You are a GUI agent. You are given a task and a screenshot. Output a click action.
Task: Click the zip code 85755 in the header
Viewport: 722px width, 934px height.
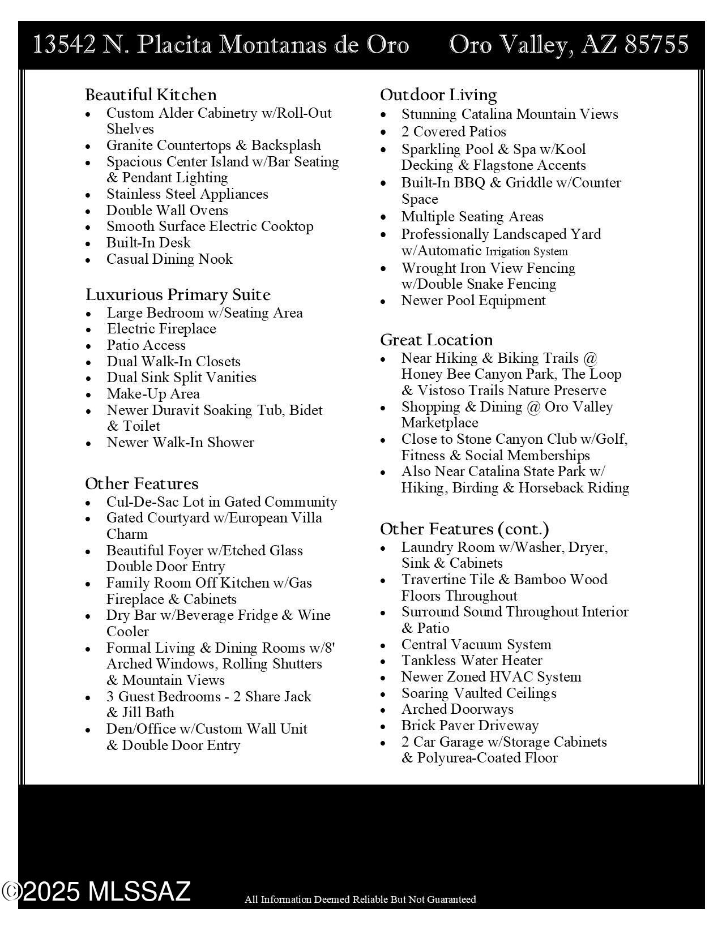(x=656, y=45)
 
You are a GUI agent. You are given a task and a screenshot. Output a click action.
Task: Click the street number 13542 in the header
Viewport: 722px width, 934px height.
(x=65, y=45)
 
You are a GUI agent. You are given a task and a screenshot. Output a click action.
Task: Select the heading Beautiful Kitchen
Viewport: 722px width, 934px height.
(x=151, y=95)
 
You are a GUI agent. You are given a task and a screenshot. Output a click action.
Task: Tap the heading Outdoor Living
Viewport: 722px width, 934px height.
(x=438, y=95)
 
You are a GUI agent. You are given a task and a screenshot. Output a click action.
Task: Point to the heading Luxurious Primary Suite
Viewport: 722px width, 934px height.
(x=178, y=295)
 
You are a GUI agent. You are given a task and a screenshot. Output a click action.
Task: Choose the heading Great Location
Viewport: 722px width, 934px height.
(x=436, y=340)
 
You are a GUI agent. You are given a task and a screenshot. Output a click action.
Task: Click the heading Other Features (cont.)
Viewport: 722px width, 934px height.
(x=464, y=529)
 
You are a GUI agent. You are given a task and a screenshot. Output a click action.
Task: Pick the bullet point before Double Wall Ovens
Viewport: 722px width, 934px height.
(x=88, y=211)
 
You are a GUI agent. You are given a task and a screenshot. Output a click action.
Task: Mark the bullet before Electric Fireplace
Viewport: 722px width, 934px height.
(x=88, y=329)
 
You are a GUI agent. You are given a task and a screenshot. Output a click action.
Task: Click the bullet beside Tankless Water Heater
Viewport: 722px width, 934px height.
(x=383, y=661)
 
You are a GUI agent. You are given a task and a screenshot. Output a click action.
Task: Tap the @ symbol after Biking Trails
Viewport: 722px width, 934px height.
(x=589, y=358)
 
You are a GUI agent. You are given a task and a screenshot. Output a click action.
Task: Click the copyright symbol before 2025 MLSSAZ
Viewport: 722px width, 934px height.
(x=11, y=892)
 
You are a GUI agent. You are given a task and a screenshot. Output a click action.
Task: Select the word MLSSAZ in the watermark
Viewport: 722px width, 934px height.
(x=139, y=892)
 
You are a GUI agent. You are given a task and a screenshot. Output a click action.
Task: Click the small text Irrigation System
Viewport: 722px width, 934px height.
(x=527, y=251)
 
